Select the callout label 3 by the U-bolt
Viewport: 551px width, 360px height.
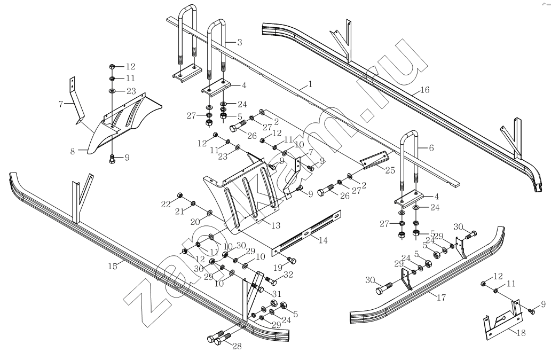(240, 42)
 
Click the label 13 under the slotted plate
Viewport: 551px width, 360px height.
(276, 226)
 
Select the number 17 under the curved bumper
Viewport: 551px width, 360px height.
(440, 297)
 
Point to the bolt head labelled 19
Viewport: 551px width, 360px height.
(292, 260)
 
